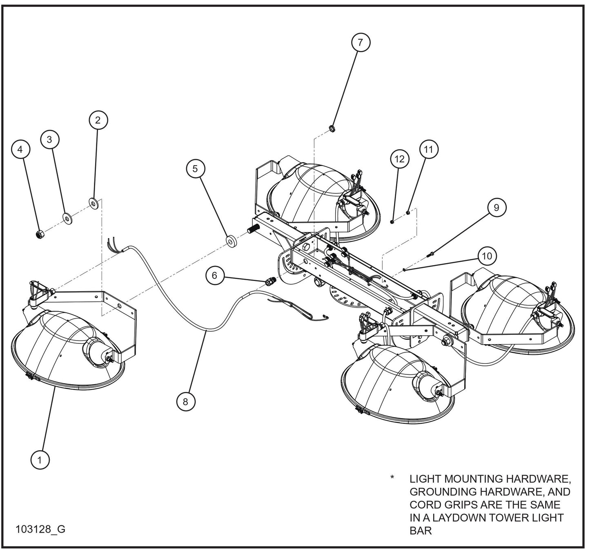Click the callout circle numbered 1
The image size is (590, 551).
[40, 460]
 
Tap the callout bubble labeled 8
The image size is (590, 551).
[185, 401]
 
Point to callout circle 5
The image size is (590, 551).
[196, 168]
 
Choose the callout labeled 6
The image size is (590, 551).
[215, 275]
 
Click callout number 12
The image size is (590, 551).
[399, 159]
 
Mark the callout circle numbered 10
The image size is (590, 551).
[487, 256]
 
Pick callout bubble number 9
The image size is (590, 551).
[496, 207]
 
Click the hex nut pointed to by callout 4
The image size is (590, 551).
[40, 235]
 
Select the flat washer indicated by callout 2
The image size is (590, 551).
[94, 203]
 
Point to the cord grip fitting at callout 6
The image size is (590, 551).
[270, 281]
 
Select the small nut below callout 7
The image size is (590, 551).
[332, 129]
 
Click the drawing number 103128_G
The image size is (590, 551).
[40, 529]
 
